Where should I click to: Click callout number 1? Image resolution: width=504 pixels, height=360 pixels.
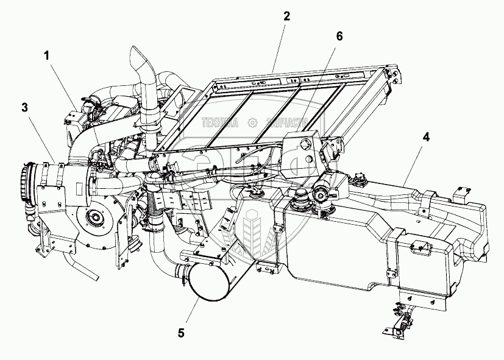[46, 55]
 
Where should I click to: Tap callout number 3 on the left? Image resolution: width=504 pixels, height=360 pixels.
[24, 108]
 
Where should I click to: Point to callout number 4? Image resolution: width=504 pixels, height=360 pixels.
[427, 137]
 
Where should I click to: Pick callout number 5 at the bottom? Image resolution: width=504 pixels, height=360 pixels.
[180, 333]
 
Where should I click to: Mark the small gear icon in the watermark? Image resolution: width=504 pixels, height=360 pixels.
[252, 122]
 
